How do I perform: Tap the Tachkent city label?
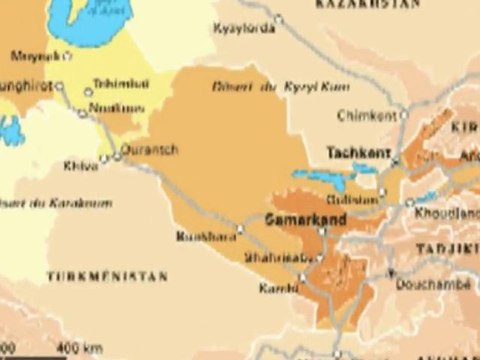(x=356, y=152)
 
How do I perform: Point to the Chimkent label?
(x=368, y=115)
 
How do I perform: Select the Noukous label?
(x=113, y=104)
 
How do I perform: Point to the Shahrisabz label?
(x=272, y=257)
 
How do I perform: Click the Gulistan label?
(x=356, y=198)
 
